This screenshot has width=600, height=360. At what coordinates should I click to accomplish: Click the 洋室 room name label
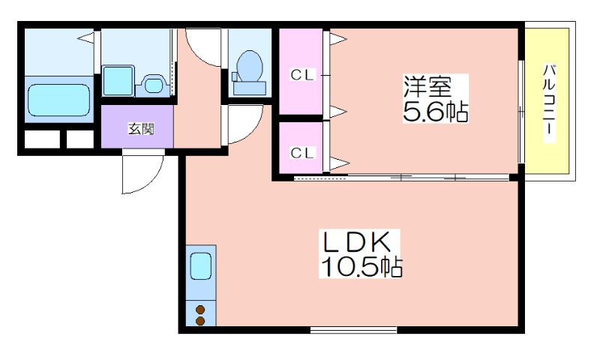tap(427, 87)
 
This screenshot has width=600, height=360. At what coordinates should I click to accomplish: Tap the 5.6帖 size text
tap(436, 111)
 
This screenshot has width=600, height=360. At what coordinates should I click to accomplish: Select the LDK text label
tap(356, 242)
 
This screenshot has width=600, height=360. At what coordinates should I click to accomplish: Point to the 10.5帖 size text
tap(361, 267)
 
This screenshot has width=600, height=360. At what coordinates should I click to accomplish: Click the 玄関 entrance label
tap(141, 129)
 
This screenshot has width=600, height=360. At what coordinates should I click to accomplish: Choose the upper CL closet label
tap(302, 75)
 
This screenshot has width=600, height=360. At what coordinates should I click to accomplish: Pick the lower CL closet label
tap(302, 153)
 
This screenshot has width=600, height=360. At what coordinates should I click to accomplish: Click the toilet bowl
tap(250, 66)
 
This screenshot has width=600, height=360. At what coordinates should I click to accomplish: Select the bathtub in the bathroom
tap(59, 100)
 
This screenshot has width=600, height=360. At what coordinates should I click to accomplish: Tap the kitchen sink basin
tap(201, 266)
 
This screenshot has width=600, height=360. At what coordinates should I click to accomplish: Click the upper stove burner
tap(200, 310)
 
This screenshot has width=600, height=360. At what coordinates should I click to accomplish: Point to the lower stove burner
tap(200, 321)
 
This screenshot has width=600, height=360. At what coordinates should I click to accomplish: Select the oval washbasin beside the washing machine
tap(153, 85)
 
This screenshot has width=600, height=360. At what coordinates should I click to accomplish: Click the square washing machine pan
tap(118, 81)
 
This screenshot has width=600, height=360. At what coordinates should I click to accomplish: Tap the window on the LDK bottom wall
tap(353, 330)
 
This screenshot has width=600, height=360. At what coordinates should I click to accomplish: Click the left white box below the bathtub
tap(43, 139)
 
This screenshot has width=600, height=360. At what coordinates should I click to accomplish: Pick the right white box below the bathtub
tap(80, 139)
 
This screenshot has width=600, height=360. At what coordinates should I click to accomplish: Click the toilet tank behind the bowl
tap(250, 88)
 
